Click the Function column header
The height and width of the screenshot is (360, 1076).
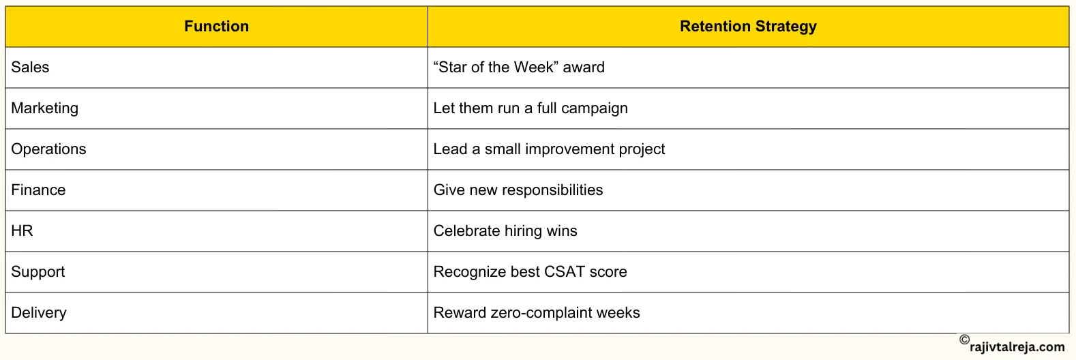[216, 27]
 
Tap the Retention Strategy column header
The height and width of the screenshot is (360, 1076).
[748, 27]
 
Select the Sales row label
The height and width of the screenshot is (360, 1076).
[30, 67]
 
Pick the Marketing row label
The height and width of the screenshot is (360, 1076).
[45, 108]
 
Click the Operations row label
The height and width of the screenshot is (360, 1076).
[48, 149]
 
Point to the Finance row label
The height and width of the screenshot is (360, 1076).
[38, 190]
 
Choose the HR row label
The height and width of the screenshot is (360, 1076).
[22, 231]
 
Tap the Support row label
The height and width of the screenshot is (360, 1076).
[38, 272]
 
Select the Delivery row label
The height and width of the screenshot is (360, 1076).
[39, 313]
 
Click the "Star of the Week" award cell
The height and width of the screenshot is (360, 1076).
[519, 67]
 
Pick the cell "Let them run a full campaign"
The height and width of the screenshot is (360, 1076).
[530, 108]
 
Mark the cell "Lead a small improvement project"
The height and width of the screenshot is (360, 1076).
[549, 149]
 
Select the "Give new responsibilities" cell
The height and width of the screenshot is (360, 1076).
[518, 190]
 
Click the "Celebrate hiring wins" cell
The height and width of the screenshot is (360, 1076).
[505, 231]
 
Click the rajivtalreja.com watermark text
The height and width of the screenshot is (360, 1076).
[1017, 347]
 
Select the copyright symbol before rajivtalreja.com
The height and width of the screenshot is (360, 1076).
[964, 340]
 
